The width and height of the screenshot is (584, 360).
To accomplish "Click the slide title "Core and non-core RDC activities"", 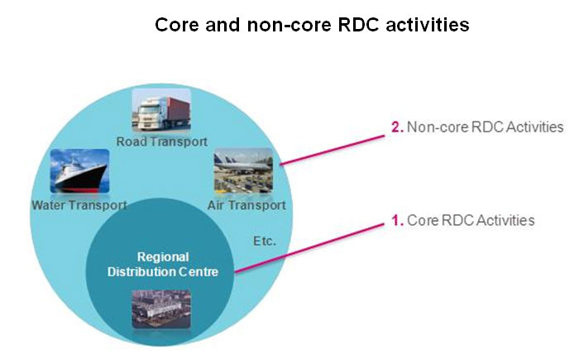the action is tap(312, 25).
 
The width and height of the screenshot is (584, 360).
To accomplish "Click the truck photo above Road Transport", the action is tap(161, 109).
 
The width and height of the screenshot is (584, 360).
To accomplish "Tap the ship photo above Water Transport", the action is tap(79, 171).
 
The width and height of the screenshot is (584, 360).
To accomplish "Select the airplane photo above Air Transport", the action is tap(243, 170).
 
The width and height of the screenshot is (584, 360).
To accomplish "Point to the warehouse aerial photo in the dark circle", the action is tap(161, 309).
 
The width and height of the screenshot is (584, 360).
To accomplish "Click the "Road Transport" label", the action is tap(161, 142).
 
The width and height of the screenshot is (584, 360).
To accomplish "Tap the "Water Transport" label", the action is tap(79, 205).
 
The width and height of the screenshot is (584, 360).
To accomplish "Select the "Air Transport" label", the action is tap(247, 205).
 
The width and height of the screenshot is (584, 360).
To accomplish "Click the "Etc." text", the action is tap(265, 241).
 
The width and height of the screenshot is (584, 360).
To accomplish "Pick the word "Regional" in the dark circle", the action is tap(163, 257).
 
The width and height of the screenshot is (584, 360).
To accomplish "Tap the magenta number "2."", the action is tap(397, 127).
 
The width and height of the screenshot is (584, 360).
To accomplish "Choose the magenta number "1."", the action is tap(397, 220).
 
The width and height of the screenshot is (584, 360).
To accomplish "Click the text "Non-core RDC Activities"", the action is tap(485, 127).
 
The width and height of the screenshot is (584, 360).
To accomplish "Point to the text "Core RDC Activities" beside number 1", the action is tap(471, 220).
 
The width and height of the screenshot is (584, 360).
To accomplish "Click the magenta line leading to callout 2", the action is tap(333, 150).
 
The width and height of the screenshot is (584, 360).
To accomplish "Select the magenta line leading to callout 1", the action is tap(309, 248).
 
